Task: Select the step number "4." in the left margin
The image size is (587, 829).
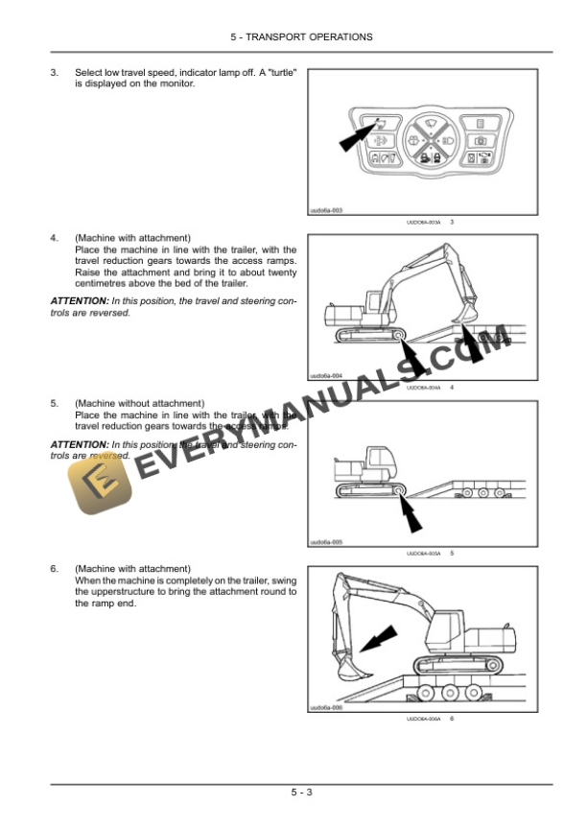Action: click(55, 237)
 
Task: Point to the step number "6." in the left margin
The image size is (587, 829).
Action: click(55, 569)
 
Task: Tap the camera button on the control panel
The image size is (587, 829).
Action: click(481, 140)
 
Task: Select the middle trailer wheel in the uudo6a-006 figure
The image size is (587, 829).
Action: click(448, 694)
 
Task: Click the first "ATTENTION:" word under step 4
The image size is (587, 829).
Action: click(80, 300)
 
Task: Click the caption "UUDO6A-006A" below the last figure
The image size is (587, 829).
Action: click(423, 719)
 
